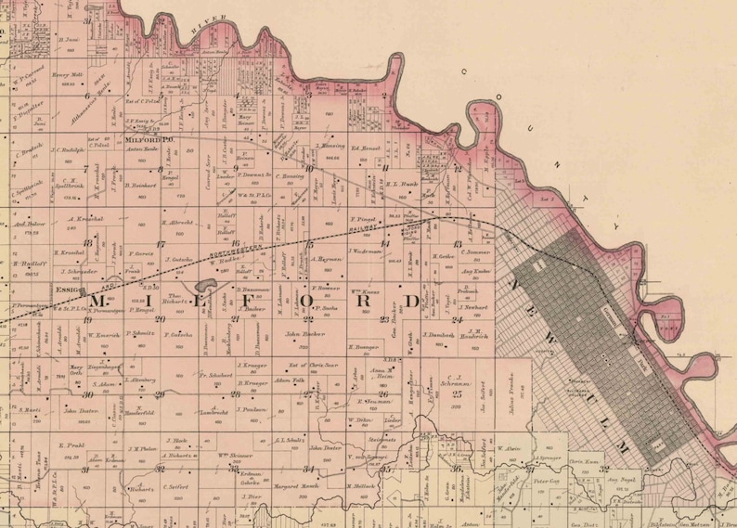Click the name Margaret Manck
click(298, 485)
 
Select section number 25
click(457, 393)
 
